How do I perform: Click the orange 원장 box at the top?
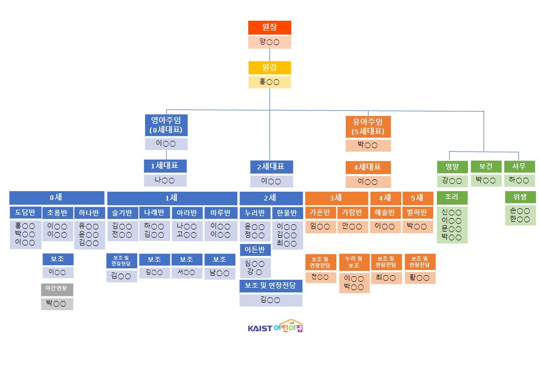269,27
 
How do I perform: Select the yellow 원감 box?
269,68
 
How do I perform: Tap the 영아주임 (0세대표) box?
166,125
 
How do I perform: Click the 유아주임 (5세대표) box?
368,126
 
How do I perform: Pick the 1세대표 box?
165,166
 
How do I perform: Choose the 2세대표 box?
271,167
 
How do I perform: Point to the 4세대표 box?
368,167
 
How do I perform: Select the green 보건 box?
485,167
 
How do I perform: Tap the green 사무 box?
519,167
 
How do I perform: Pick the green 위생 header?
520,198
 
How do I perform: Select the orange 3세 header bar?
336,198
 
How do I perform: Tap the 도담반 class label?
25,212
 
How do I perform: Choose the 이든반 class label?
254,250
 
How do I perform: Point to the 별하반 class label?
418,212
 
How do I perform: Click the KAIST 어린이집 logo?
275,326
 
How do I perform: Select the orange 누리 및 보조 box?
354,262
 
